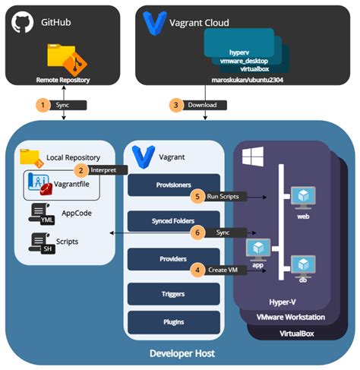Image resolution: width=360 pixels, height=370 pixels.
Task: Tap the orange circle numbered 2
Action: click(x=79, y=170)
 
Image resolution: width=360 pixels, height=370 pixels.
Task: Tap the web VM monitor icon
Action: click(x=303, y=197)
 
